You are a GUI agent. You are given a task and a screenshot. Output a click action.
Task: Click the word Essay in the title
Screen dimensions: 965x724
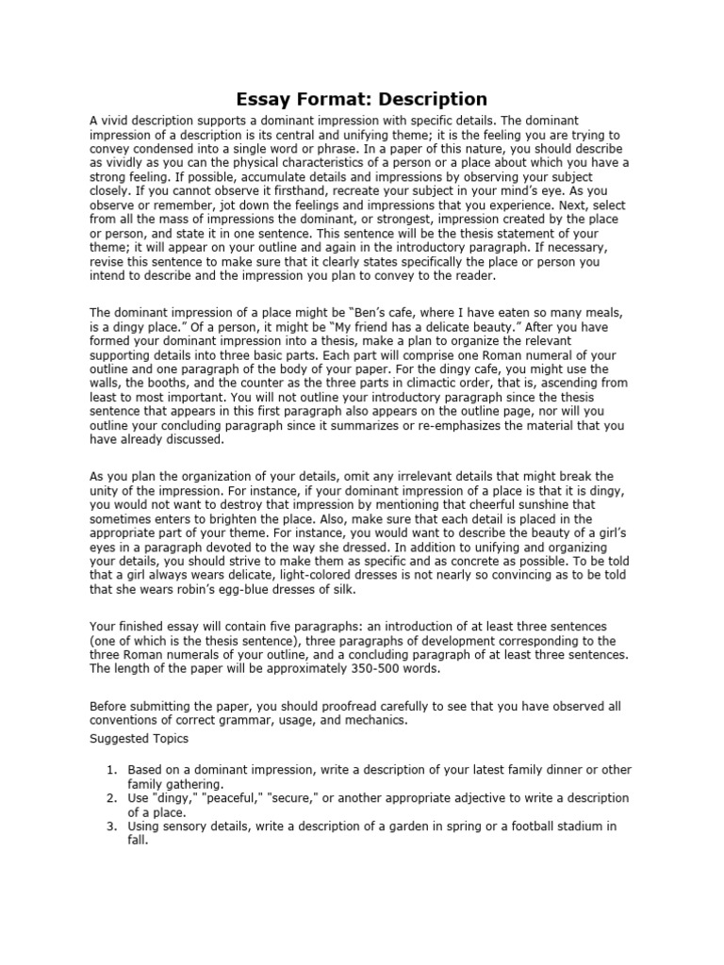(265, 99)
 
